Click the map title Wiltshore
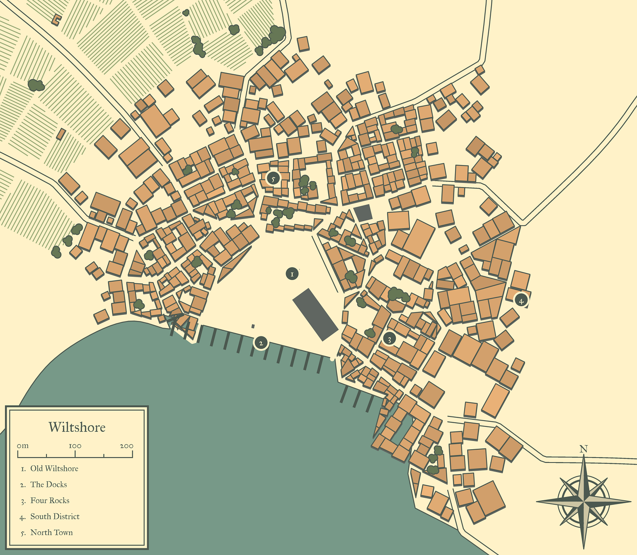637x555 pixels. [77, 427]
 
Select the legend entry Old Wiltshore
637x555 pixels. [54, 469]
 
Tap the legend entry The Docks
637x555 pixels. [48, 484]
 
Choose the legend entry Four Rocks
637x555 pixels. [50, 501]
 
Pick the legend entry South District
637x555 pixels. [55, 517]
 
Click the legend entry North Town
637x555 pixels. [51, 533]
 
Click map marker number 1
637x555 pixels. [292, 274]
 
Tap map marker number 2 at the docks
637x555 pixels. [261, 343]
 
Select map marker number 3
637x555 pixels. [389, 339]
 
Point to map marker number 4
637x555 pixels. [521, 301]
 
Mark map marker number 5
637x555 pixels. [273, 178]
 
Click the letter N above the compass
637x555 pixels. [584, 449]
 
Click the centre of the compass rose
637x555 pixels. [584, 501]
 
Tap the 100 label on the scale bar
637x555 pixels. [75, 446]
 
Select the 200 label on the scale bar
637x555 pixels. [126, 446]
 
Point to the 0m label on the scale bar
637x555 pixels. [23, 446]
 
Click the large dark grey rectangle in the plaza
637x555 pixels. [315, 314]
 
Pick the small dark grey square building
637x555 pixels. [363, 213]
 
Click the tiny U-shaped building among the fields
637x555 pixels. [56, 19]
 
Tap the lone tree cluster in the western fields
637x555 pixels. [36, 85]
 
